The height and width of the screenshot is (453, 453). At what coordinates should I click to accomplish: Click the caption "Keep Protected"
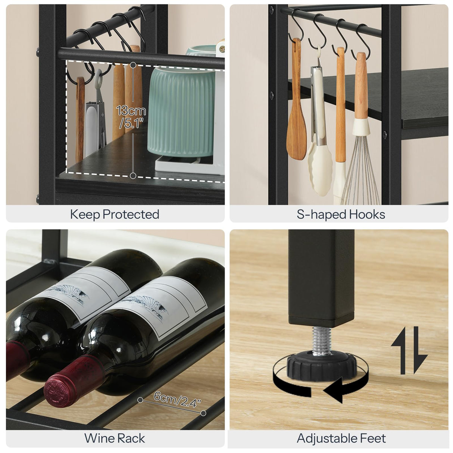pyautogui.click(x=115, y=214)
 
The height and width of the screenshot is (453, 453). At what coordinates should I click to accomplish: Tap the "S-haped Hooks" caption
pyautogui.click(x=341, y=214)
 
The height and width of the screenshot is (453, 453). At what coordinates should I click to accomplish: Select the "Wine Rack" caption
pyautogui.click(x=115, y=438)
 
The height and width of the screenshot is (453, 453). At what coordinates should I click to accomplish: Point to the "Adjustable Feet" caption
pyautogui.click(x=341, y=438)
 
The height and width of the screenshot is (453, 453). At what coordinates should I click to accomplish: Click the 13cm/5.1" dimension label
pyautogui.click(x=131, y=116)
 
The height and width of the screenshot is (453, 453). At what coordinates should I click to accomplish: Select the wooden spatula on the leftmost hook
pyautogui.click(x=296, y=112)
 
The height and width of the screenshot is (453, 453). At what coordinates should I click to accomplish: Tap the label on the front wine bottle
pyautogui.click(x=160, y=306)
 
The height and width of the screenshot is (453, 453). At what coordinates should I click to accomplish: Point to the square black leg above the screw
pyautogui.click(x=321, y=276)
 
